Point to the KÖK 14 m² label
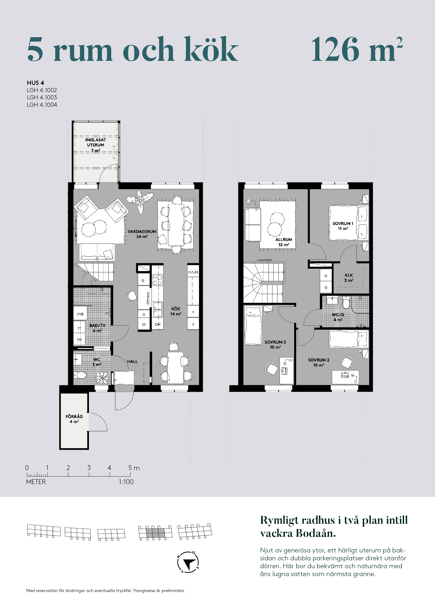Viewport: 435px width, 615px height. [176, 311]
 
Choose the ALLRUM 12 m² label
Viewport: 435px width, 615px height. [284, 242]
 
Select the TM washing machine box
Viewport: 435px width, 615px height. [79, 340]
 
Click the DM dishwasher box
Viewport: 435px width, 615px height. [158, 324]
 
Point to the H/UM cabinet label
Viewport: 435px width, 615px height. [193, 272]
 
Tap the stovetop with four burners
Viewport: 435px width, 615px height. [157, 280]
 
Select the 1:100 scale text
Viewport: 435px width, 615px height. [126, 482]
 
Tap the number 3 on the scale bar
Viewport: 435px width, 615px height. [89, 468]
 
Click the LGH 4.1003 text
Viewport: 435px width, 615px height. [42, 97]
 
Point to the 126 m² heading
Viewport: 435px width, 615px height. [357, 49]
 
